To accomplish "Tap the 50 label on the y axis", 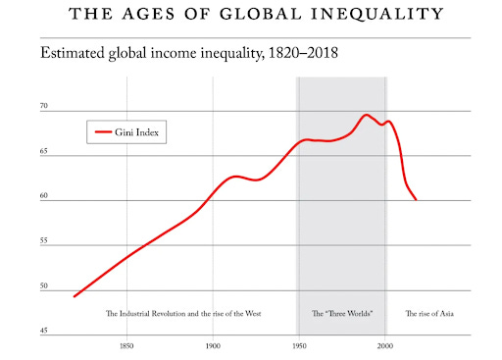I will click(x=44, y=286).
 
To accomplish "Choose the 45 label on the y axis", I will click(x=44, y=331).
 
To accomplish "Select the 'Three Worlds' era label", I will click(x=341, y=314).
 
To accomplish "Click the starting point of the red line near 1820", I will click(x=75, y=296).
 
